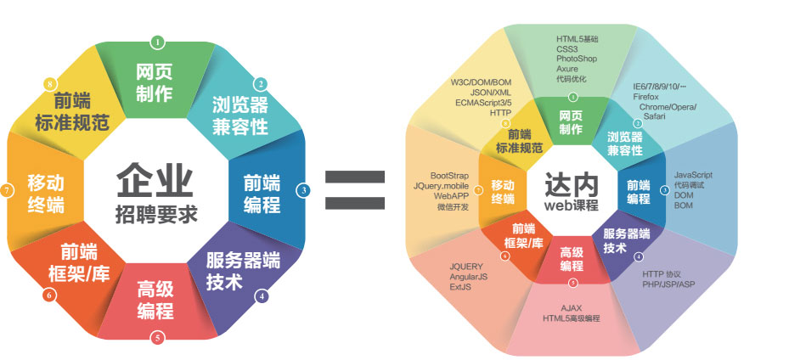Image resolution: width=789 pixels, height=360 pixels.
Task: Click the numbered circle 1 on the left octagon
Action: click(157, 42)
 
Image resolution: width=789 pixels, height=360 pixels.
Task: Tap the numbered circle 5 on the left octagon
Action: click(157, 337)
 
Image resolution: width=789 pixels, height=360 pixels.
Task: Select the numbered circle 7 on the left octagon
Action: click(7, 190)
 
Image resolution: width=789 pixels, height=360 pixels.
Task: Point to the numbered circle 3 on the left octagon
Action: click(303, 190)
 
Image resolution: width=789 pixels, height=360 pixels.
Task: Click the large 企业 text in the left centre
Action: click(155, 180)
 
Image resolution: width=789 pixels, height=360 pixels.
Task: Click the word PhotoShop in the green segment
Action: click(578, 59)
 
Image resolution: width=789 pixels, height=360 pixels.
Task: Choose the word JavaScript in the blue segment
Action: click(692, 174)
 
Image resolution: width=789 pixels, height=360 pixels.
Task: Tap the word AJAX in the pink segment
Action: click(572, 307)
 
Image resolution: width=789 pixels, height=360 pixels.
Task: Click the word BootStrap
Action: click(449, 175)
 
